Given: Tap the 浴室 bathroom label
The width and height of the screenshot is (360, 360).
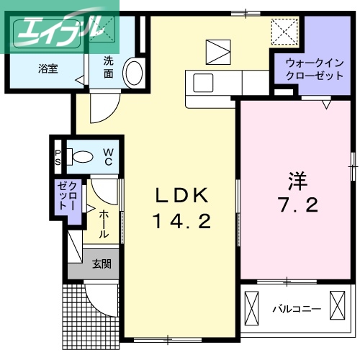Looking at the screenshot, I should pos(49,69).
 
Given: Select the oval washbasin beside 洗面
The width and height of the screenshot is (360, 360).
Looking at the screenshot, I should pos(132,73).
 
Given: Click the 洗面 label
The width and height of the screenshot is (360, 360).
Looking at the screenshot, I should pos(108,67).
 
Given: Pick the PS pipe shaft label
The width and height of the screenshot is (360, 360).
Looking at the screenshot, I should pos(58,157).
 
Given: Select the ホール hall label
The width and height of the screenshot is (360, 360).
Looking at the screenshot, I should pos(104,224).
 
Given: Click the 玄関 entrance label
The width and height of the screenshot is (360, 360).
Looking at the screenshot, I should pos(101,264).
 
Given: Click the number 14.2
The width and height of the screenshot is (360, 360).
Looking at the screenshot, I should pos(181,222).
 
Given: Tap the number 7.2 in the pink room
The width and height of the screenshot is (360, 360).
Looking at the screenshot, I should pos(296,205).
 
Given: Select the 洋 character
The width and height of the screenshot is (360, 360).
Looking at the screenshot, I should pos(296,178).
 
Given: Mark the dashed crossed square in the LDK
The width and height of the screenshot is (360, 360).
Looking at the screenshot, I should pos(282,32).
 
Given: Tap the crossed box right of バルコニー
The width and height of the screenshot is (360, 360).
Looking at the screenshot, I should pos(337,305).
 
